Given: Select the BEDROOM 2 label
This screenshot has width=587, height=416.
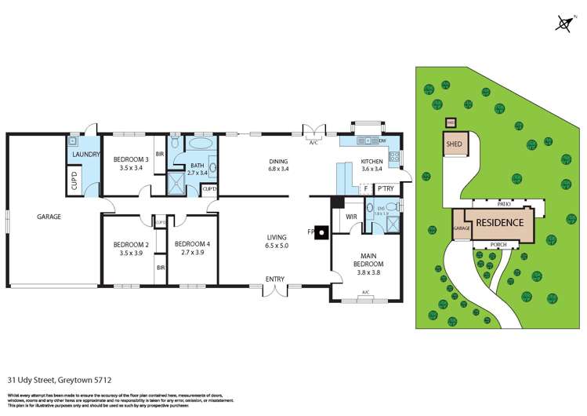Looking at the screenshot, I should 131,244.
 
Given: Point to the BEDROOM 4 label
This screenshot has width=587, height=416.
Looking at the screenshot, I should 192,244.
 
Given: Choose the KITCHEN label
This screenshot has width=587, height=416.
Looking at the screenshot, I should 371,161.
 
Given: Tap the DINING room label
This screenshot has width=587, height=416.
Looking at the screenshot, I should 278,161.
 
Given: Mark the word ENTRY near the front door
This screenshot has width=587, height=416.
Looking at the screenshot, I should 274,279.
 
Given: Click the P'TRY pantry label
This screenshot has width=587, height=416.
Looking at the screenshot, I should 385,188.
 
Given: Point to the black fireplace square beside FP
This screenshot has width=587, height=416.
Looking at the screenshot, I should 319,233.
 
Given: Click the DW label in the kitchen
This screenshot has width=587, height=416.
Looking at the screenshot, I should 382,140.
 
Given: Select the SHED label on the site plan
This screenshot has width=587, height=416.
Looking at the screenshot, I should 453,144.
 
